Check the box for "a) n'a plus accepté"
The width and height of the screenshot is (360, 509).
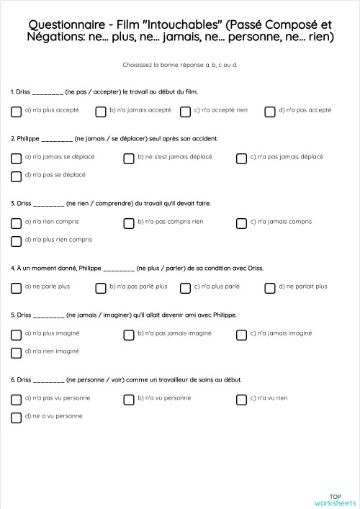coord(16,112)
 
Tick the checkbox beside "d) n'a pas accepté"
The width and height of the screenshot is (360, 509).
coord(270,112)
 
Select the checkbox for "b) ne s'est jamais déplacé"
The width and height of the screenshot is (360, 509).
coord(129,158)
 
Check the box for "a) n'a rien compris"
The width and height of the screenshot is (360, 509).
coord(16,223)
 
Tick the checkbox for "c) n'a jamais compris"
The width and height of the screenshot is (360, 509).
coord(242,223)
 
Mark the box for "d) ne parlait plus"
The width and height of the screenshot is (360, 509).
coord(270,288)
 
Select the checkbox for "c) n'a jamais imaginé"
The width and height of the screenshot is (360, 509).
coord(242,335)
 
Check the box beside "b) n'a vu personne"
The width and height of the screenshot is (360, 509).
coord(129,400)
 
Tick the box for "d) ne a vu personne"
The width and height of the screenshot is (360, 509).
coord(16,418)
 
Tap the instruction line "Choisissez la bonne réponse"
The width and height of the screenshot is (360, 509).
coord(180,66)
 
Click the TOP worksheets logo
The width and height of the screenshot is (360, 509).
coord(335,499)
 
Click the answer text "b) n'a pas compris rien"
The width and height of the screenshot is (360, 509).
coord(170,222)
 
